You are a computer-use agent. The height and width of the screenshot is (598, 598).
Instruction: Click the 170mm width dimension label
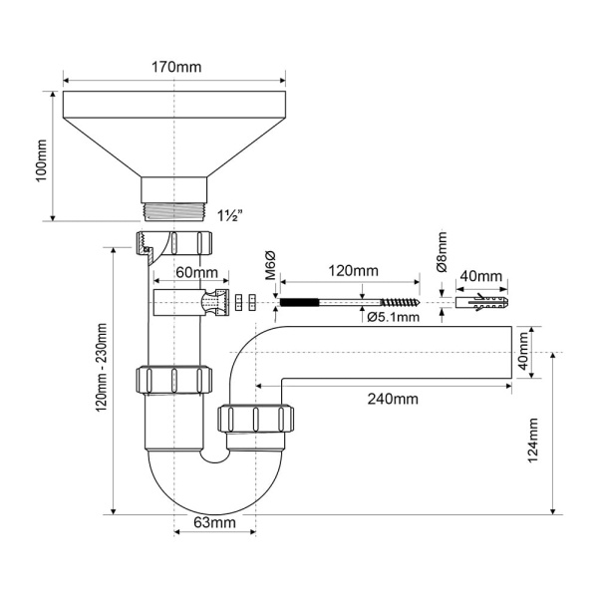point(176,67)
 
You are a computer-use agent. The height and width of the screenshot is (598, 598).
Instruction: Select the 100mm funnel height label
point(41,160)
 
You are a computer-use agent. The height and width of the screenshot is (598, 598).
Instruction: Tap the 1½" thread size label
point(230,216)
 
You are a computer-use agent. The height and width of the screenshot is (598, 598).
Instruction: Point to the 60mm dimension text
point(196,273)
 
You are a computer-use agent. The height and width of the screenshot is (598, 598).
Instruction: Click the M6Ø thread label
point(270,265)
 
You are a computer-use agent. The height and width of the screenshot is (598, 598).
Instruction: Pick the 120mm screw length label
point(354,271)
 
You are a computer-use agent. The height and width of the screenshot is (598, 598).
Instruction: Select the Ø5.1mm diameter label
point(394,317)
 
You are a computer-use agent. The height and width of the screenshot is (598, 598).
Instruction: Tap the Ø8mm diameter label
point(442,252)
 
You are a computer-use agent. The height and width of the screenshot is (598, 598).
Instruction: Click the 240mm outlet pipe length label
point(393,399)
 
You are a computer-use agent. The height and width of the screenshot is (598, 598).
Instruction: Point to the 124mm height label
point(532,441)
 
